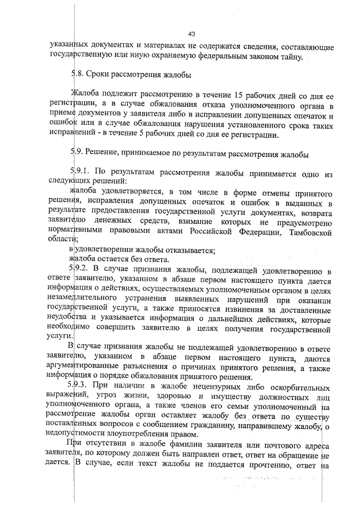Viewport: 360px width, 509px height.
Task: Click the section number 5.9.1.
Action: [79, 171]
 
